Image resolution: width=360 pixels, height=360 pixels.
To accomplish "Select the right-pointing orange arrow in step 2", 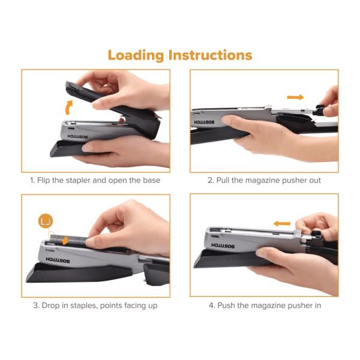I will (295, 97).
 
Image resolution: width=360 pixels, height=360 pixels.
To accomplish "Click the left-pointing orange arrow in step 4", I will (282, 223).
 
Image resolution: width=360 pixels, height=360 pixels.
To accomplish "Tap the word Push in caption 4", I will (226, 305).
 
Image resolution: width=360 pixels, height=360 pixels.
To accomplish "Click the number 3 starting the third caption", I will (36, 305).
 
